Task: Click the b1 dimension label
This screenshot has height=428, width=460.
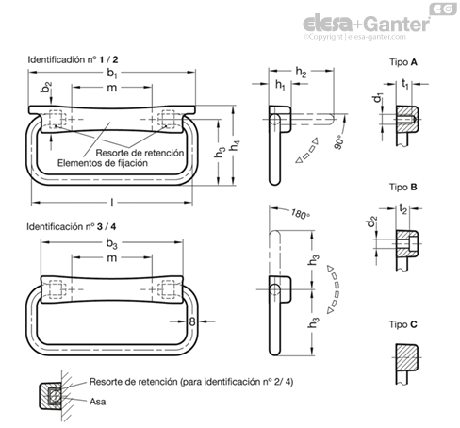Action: (112, 73)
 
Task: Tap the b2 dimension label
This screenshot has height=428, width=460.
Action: (46, 88)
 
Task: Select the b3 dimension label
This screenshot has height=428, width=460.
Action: (111, 243)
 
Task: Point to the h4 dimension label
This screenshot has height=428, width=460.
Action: (235, 145)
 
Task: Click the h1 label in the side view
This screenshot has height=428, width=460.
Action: (280, 85)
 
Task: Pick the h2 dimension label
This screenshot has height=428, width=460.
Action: (301, 73)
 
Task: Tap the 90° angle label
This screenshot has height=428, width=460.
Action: (338, 142)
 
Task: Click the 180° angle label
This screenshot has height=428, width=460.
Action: (301, 214)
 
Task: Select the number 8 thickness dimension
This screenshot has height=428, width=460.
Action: (192, 321)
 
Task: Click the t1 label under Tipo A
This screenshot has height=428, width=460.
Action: (405, 84)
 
